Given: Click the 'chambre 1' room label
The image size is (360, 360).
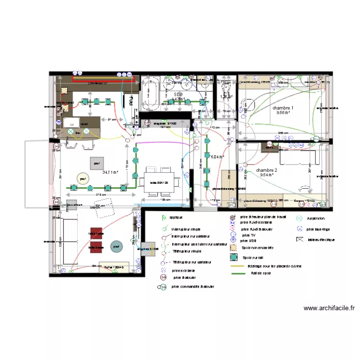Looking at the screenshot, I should coord(283,108).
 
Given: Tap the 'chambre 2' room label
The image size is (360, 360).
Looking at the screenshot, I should coord(266,170).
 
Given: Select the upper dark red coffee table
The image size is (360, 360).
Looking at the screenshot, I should coord(96,233).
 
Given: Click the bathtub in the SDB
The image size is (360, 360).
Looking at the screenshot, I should coord(151,94).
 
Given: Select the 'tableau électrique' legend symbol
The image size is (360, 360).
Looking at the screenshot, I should coord(300,239).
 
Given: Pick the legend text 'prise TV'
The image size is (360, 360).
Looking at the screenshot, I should coord(249,235).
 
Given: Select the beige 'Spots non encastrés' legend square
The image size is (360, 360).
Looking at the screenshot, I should coord(233,248).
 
